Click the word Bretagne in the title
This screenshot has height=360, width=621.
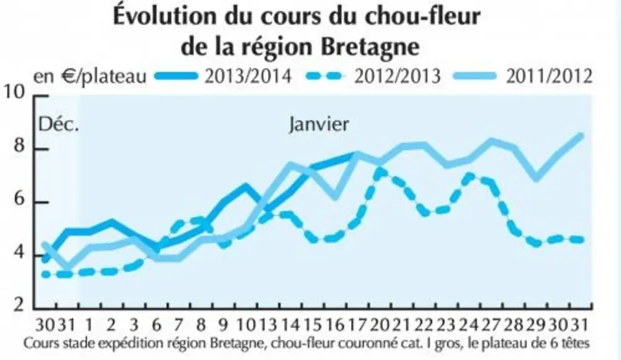[370, 47]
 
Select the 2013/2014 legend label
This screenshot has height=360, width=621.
[248, 76]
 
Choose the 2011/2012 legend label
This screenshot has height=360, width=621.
[549, 76]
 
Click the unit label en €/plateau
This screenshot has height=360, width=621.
[90, 76]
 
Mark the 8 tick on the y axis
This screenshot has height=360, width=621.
[19, 146]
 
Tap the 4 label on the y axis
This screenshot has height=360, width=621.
[19, 252]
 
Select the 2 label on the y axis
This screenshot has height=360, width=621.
[19, 306]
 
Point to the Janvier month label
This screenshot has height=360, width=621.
[319, 124]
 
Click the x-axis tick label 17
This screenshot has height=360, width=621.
[358, 325]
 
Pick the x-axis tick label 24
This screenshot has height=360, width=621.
[469, 325]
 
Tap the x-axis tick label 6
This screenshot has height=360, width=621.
[156, 325]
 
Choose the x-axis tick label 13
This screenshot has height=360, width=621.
[268, 325]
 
